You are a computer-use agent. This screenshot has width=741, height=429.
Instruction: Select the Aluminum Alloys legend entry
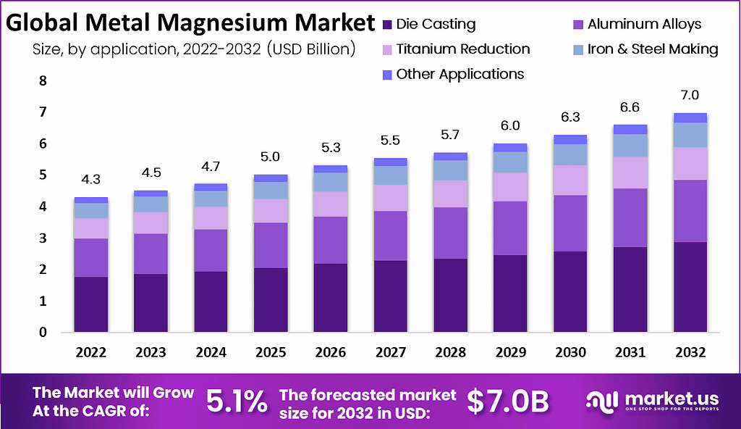[x=643, y=24]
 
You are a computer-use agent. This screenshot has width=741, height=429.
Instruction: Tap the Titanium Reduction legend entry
[x=463, y=49]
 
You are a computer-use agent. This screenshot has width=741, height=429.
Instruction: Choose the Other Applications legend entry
[x=460, y=74]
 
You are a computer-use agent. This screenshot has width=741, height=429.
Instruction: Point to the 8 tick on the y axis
[x=43, y=80]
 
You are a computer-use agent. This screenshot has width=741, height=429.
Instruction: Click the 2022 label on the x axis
[x=90, y=353]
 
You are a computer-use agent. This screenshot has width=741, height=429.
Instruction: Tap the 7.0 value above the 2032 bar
[x=690, y=95]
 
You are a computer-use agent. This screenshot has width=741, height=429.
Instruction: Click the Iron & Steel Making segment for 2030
[x=569, y=154]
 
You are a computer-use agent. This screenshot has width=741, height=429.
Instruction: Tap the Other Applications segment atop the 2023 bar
[x=151, y=193]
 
